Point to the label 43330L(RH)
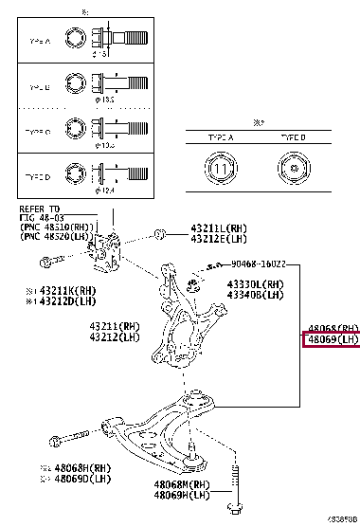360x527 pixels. [254, 283]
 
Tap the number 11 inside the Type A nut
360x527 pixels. [219, 172]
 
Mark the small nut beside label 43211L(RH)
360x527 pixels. [161, 231]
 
